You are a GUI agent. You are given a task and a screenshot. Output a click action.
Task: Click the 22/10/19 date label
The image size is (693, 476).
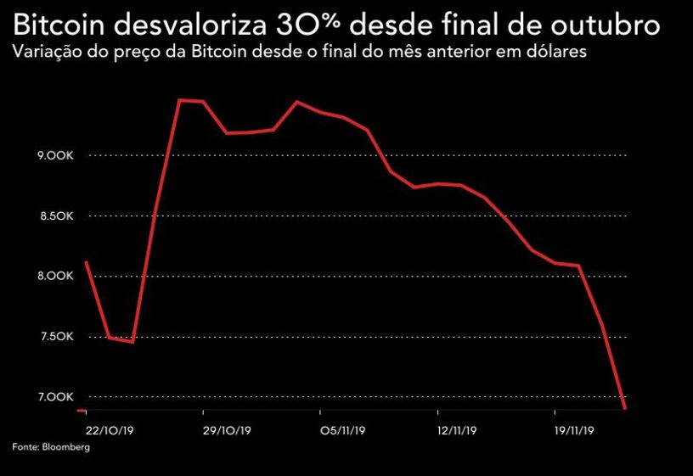110,430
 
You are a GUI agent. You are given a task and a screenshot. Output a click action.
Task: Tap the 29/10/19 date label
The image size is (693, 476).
228,430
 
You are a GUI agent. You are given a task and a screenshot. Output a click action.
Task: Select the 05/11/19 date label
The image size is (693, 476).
343,430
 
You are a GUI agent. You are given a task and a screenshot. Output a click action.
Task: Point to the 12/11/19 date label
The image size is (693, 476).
459,430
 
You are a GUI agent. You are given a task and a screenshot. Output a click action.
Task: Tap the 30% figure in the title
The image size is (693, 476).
313,24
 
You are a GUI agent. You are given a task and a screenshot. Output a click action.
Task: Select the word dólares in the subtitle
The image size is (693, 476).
557,53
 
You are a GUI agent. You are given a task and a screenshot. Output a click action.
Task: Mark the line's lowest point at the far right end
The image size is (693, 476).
625,408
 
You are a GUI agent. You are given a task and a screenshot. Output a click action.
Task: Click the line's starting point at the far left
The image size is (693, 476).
87,261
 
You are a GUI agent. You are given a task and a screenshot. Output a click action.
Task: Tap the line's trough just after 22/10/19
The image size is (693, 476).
132,341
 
